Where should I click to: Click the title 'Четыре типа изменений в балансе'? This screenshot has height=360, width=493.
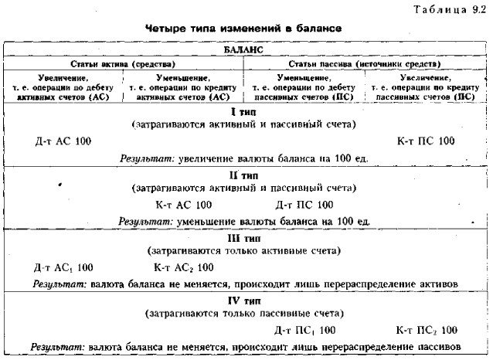pos(243,27)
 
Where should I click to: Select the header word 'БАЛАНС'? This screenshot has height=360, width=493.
pos(243,49)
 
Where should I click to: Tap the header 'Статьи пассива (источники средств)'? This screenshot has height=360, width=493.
pos(364,63)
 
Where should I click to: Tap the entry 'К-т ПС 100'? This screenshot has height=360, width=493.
pos(423,141)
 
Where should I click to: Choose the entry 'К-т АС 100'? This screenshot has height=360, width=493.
pos(184,205)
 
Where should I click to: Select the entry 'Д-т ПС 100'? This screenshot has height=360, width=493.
pos(304,205)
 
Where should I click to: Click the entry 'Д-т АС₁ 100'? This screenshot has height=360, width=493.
pos(64,267)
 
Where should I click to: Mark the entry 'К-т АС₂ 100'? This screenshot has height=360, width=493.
pos(184,267)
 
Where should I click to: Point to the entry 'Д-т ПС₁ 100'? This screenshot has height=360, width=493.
pos(305,330)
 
